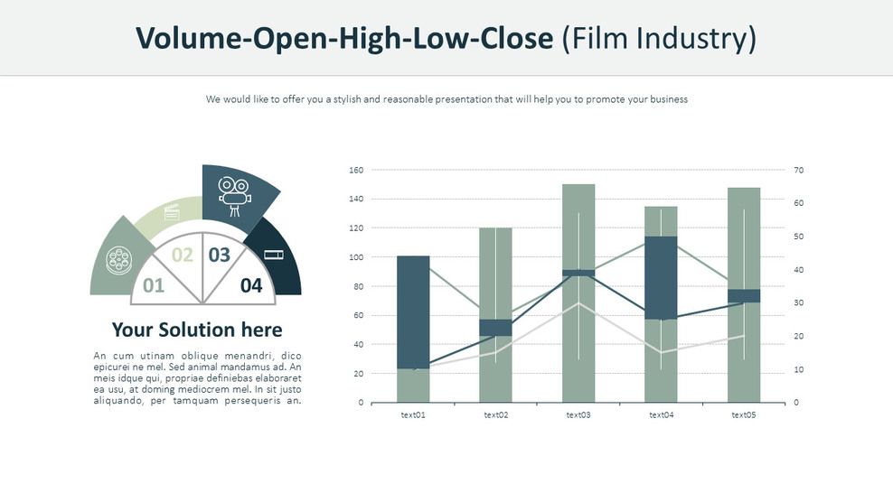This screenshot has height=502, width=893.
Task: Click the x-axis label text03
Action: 578,415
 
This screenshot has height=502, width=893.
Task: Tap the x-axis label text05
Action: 744,415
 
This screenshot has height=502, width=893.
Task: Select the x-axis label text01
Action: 413,415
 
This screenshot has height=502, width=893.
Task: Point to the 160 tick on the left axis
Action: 355,170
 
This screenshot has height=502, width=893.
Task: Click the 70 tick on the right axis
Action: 798,170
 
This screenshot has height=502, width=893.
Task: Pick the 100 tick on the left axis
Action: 355,257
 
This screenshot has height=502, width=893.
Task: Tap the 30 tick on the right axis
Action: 798,302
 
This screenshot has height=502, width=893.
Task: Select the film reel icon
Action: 117,261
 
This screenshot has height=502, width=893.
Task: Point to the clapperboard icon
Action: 172,213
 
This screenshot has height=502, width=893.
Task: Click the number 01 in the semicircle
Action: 154,286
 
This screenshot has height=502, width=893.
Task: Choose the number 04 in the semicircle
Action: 251,286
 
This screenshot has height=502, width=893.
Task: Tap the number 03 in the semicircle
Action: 220,255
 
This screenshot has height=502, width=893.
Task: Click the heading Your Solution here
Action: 196,330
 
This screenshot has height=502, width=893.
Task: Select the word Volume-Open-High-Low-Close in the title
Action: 343,38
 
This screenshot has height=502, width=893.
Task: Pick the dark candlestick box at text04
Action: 661,278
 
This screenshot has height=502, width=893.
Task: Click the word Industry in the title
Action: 693,38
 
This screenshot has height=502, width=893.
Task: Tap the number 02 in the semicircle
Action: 183,255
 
